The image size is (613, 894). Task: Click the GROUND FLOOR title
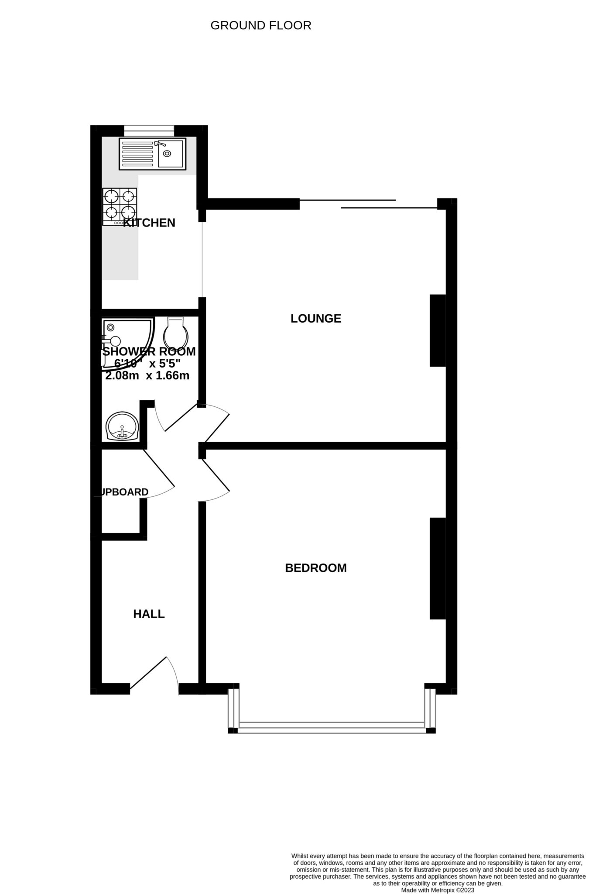(260, 26)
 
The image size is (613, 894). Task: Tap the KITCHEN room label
(149, 223)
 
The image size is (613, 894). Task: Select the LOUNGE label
(315, 319)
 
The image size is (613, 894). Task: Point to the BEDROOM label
(315, 568)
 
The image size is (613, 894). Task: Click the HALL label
(149, 614)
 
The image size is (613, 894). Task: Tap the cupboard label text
(123, 492)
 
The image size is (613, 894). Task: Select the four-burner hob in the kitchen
(120, 206)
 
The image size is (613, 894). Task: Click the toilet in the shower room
(175, 333)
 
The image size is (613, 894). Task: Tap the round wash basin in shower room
(122, 426)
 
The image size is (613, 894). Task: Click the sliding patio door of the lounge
(369, 204)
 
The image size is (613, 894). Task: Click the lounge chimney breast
(438, 330)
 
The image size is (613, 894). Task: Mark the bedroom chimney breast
(438, 568)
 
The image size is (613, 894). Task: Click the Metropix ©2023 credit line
(437, 890)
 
